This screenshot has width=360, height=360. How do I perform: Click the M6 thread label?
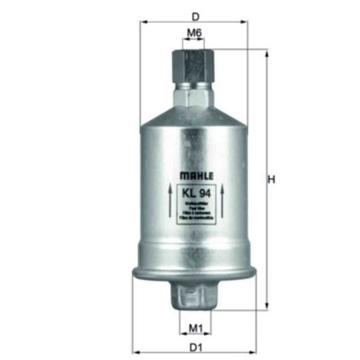[x=193, y=33]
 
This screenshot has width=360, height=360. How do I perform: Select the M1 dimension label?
[x=194, y=327]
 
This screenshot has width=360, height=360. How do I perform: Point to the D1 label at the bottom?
[x=194, y=348]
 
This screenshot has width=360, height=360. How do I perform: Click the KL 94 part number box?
[x=193, y=193]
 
